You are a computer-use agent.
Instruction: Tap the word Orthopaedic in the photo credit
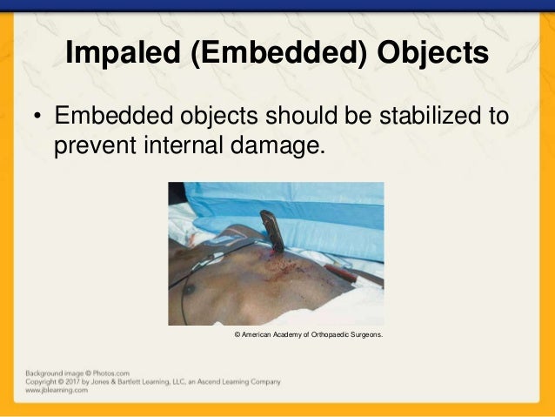tap(325, 334)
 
